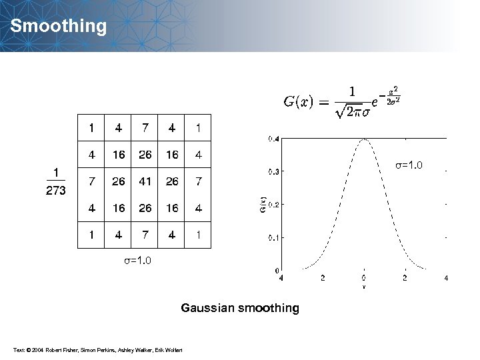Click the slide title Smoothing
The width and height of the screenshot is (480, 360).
[59, 27]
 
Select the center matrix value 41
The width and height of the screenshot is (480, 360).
[145, 181]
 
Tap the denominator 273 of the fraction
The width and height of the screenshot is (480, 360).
[56, 191]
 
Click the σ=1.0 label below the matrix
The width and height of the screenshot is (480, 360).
[137, 261]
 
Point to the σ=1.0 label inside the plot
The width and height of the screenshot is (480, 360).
[409, 165]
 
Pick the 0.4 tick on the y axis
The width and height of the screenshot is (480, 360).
[273, 139]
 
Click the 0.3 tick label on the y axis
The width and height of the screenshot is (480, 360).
[273, 171]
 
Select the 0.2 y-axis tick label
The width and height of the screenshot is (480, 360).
[273, 204]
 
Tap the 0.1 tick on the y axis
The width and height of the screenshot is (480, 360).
[273, 237]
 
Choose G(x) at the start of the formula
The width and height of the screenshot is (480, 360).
[299, 102]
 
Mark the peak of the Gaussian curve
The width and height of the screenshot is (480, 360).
[364, 139]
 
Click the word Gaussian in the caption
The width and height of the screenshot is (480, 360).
[207, 308]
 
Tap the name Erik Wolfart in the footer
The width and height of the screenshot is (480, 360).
[170, 351]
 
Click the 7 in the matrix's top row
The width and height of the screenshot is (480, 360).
[145, 127]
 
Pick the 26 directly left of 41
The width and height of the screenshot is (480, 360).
[118, 181]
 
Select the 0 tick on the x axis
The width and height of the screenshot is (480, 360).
[364, 277]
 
